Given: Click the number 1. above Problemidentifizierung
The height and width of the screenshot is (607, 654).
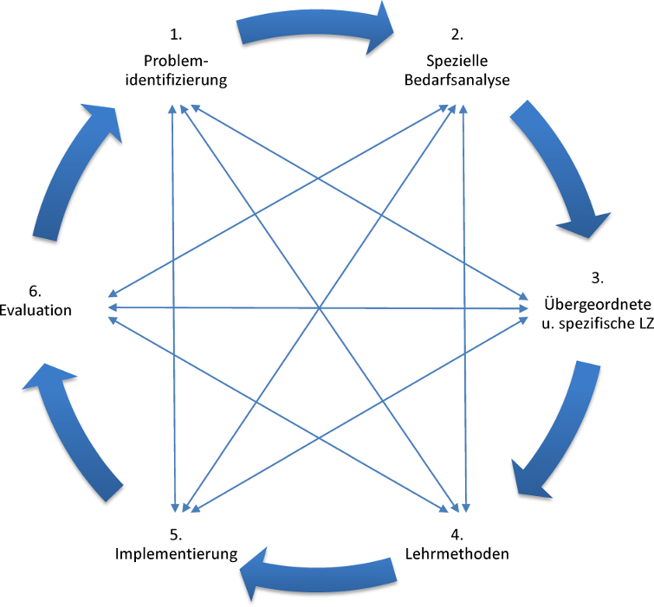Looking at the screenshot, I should (x=177, y=36).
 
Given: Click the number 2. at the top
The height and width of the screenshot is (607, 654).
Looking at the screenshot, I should (x=457, y=36).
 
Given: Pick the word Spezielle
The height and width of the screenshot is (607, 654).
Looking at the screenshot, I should (x=457, y=61).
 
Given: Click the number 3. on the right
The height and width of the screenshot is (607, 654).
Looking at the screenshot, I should (x=597, y=279).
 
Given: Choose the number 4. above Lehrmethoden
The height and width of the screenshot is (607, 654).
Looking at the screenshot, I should (x=457, y=531).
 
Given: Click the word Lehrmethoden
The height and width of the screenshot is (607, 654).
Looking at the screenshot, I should (x=457, y=553).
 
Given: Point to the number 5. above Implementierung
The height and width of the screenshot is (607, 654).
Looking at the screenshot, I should (x=176, y=531).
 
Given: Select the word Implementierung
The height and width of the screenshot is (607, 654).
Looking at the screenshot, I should (x=176, y=553).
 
